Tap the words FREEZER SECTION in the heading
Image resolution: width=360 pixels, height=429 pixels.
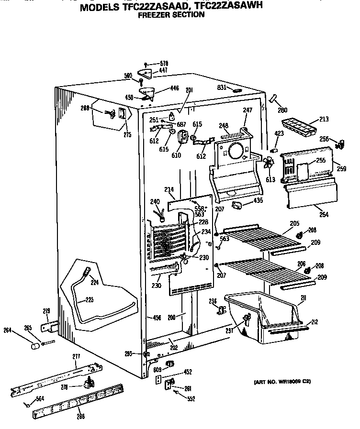[x=171, y=15]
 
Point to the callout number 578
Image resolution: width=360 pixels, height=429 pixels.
[x=164, y=64]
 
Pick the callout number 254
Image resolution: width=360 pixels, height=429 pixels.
[x=324, y=215]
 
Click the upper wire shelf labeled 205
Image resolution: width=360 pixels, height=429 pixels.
[x=259, y=235]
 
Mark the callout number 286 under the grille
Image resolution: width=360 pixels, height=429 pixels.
[x=80, y=417]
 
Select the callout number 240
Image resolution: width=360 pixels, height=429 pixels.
[x=154, y=201]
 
